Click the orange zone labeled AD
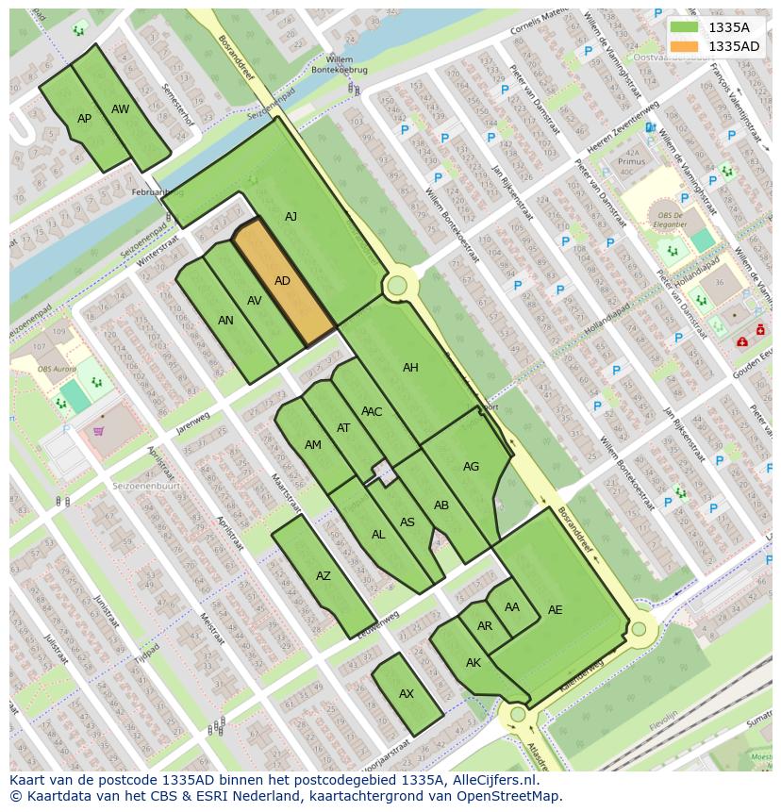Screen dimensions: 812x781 coord(283,281)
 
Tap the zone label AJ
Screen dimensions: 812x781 coord(291,217)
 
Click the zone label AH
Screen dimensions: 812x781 coord(410,368)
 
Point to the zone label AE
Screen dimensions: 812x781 coord(555,610)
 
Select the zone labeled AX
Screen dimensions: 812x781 coord(407,694)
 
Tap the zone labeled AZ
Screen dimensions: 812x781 coord(324,576)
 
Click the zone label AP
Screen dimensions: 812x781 coord(85,119)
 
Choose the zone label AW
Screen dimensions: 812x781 coord(121,109)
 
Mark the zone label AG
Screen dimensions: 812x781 coord(471,467)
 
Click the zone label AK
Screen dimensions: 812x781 coord(474,663)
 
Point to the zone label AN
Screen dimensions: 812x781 coord(225,321)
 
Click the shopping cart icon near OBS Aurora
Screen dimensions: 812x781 coord(98,432)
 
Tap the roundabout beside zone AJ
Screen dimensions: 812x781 coord(397,285)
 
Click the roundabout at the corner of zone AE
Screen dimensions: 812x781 coord(639,629)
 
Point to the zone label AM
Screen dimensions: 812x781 coord(313,445)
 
